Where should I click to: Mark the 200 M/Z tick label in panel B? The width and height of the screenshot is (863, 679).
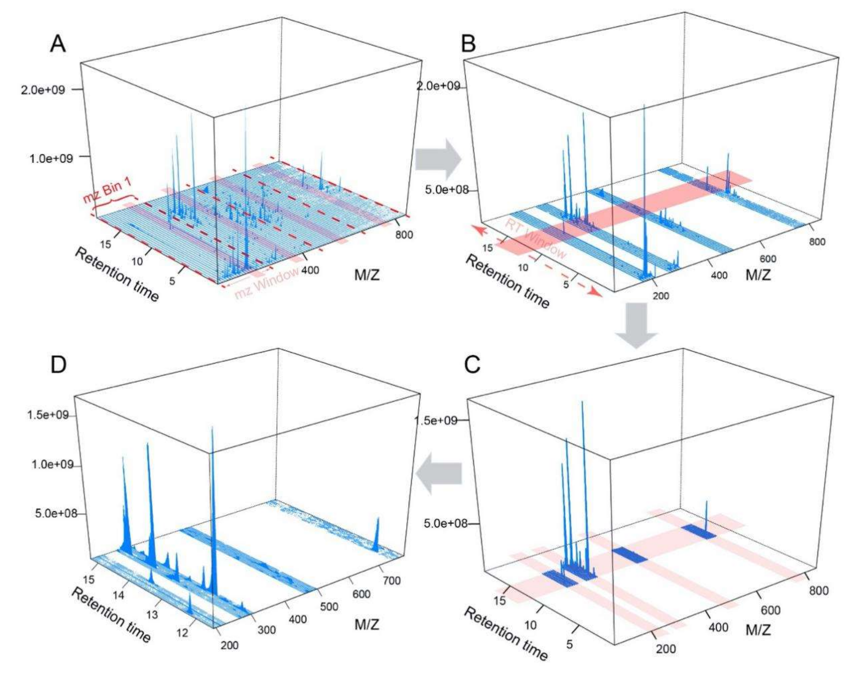(x=660, y=296)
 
